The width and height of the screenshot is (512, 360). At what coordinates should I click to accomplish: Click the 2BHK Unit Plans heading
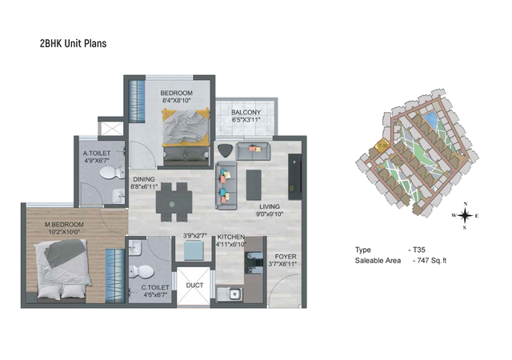[73, 43]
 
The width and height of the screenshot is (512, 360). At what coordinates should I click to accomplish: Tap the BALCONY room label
[246, 112]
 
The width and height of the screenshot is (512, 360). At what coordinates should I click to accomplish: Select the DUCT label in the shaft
[194, 285]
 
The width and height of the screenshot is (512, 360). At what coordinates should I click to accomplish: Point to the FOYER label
[286, 257]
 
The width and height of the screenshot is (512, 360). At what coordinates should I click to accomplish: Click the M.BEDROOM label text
[64, 225]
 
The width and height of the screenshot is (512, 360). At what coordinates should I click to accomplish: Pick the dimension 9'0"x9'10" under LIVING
[270, 214]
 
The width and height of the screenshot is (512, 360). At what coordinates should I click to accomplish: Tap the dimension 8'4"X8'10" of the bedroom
[176, 101]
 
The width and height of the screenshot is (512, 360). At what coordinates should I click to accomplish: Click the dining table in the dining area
[174, 202]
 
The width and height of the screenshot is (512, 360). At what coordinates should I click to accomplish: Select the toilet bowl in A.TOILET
[112, 173]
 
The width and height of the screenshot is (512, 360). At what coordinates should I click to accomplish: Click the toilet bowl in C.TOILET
[141, 271]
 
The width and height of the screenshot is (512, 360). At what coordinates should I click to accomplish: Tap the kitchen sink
[230, 294]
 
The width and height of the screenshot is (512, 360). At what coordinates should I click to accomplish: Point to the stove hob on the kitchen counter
[254, 262]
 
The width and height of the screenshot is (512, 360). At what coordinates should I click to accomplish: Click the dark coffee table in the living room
[254, 185]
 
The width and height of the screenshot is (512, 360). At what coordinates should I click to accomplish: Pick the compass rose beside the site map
[465, 216]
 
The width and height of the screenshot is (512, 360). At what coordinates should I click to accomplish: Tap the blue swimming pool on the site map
[430, 119]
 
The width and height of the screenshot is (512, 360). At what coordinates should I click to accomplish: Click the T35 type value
[419, 250]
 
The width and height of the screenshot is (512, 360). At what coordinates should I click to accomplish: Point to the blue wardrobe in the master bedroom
[115, 276]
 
